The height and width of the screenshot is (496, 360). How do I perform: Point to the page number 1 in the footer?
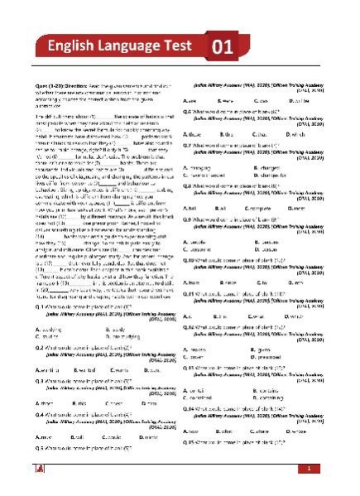point(308,470)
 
